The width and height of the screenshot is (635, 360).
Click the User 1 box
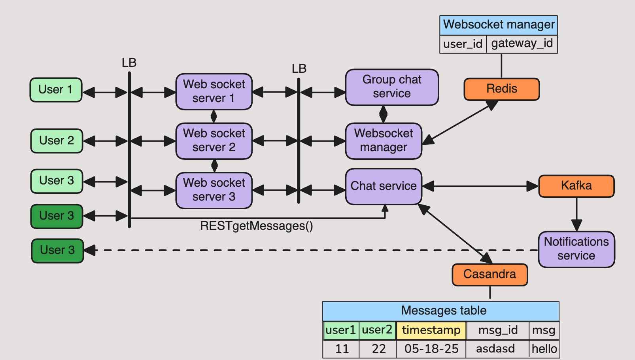click(x=56, y=90)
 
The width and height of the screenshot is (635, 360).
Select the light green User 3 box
click(x=57, y=181)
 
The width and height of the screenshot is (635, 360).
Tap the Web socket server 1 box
click(x=214, y=91)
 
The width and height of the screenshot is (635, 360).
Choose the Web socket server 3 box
click(x=214, y=190)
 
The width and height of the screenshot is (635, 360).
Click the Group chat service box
click(x=392, y=87)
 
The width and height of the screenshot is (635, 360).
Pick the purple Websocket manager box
click(x=383, y=141)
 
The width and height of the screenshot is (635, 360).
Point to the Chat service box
click(x=383, y=186)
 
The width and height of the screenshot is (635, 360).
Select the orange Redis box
click(x=501, y=89)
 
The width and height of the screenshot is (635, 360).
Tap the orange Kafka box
click(x=576, y=186)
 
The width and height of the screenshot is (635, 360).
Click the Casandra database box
click(x=489, y=275)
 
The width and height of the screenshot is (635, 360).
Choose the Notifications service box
click(x=576, y=249)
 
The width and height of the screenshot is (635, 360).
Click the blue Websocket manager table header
click(x=499, y=25)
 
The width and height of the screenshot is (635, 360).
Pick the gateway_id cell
click(x=522, y=44)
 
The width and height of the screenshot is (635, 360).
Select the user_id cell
click(x=463, y=44)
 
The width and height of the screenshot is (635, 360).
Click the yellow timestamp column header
click(x=431, y=330)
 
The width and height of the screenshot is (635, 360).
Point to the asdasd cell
click(x=495, y=349)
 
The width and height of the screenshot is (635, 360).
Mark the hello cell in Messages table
click(x=544, y=349)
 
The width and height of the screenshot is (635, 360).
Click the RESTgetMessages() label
click(x=256, y=226)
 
